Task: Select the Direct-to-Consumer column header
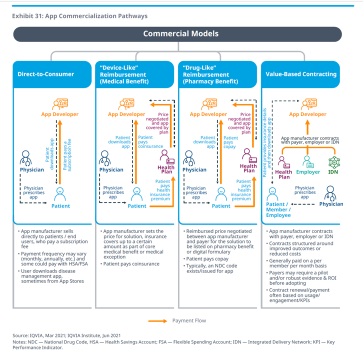click(x=45, y=74)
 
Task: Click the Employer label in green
click(x=308, y=172)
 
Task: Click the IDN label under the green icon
click(x=333, y=172)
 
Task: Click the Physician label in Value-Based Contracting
click(x=331, y=204)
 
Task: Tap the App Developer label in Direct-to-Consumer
click(x=59, y=114)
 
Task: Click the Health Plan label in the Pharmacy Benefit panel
click(x=248, y=168)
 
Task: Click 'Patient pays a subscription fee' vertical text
click(x=67, y=154)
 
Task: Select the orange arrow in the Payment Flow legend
click(x=157, y=320)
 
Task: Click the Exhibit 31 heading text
click(x=80, y=16)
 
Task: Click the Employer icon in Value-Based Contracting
click(x=308, y=162)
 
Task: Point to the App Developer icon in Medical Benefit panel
click(x=126, y=104)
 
